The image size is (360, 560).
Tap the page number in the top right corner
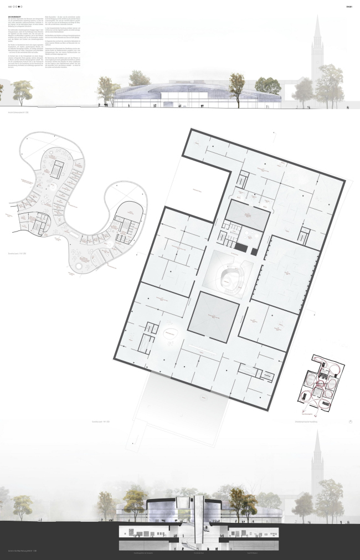tap(348, 7)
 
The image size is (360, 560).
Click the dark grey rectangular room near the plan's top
tap(247, 213)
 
